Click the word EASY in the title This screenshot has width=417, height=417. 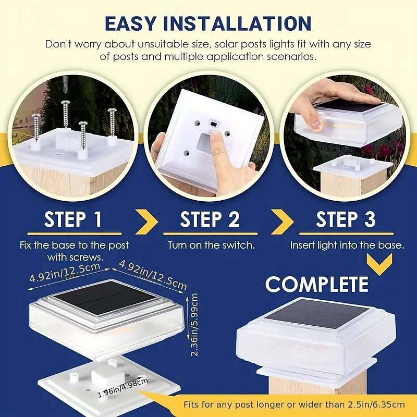[x=130, y=23]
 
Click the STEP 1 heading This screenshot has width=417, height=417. [x=73, y=219]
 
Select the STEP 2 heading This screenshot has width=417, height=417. [x=210, y=219]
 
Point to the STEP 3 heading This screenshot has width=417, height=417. [x=346, y=219]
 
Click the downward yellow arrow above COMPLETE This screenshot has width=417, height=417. [x=379, y=264]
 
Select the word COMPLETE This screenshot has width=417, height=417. [x=317, y=284]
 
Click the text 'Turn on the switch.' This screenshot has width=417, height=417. [x=211, y=245]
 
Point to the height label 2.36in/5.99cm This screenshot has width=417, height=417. [x=194, y=325]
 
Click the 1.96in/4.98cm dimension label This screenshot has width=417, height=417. [x=123, y=388]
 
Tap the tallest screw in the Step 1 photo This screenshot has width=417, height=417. [x=65, y=114]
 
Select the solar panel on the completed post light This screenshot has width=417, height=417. [x=316, y=314]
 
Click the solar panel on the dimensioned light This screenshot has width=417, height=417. [x=105, y=297]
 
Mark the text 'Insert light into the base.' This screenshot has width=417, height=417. [x=347, y=245]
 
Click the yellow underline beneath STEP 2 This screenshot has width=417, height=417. [x=211, y=234]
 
